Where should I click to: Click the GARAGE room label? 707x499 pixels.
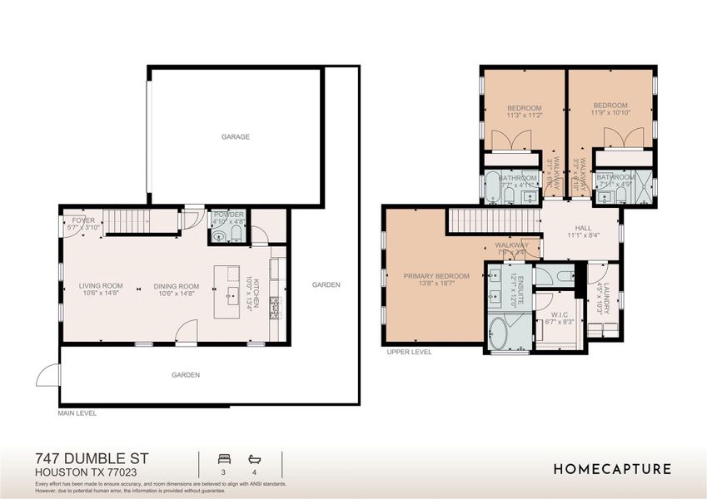point(236,136)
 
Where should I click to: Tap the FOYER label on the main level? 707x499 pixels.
point(83,220)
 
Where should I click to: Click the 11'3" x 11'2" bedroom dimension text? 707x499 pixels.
point(525,116)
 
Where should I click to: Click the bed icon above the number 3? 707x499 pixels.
point(223,458)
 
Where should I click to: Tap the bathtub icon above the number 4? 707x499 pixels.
point(254,458)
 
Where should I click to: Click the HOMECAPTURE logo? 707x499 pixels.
point(612,469)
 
